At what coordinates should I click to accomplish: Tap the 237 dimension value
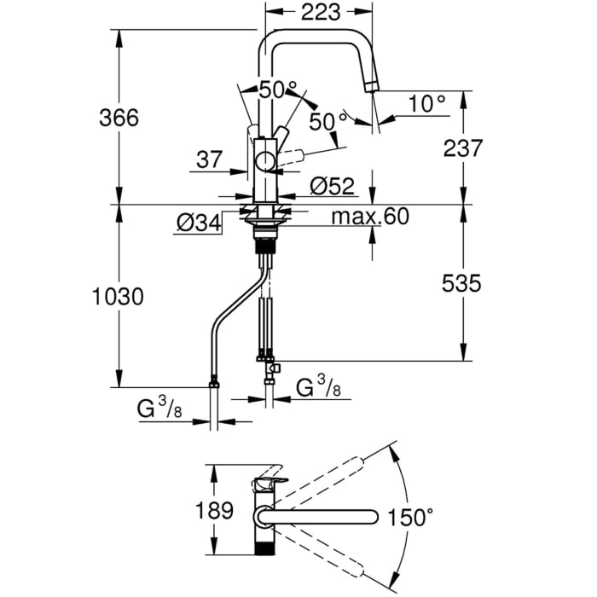click(x=463, y=148)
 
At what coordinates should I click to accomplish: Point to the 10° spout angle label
click(x=426, y=104)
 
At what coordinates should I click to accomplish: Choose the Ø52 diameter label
click(x=331, y=185)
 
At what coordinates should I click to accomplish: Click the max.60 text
click(x=370, y=217)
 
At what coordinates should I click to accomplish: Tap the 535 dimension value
click(x=463, y=281)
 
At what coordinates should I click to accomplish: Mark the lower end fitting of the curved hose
click(x=214, y=390)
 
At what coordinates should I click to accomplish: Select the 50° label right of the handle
click(x=322, y=122)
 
